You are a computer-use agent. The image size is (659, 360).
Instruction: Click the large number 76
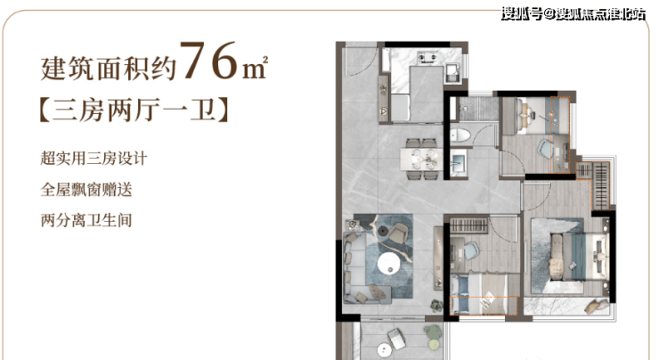[x=209, y=60]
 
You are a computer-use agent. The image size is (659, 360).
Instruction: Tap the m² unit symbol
[x=255, y=68]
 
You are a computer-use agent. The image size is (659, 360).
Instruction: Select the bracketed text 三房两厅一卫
[x=134, y=110]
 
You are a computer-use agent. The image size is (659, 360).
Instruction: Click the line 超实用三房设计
[x=94, y=159]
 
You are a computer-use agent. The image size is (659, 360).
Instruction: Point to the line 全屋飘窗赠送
[x=86, y=189]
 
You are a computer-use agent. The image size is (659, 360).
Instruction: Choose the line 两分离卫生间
[x=86, y=220]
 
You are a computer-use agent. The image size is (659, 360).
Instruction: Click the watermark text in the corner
[x=573, y=14]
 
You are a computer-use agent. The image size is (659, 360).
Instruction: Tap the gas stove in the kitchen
[x=427, y=58]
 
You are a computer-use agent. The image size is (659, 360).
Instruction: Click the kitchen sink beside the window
[x=453, y=73]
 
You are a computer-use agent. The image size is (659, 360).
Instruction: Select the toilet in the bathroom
[x=460, y=135]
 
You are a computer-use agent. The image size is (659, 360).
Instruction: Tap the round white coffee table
[x=389, y=263]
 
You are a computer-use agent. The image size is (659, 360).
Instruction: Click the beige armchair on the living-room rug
[x=398, y=233]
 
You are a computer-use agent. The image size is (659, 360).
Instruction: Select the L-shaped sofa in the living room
[x=362, y=267]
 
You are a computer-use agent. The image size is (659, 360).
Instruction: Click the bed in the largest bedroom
[x=579, y=256]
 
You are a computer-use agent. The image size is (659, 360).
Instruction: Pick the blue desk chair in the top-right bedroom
[x=547, y=150]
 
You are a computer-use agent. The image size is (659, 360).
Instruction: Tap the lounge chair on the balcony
[x=396, y=339]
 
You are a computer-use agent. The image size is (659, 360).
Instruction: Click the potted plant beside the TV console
[x=436, y=306]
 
